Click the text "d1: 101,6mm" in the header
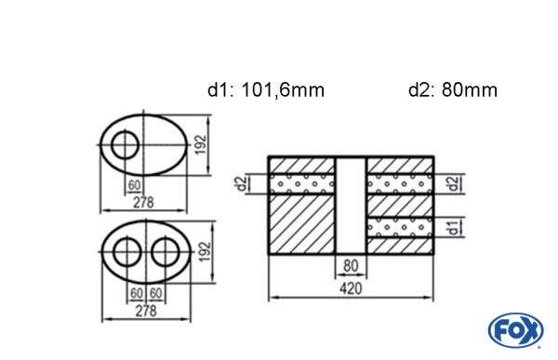265,90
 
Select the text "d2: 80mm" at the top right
452,90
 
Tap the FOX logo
514,330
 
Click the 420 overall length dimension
351,288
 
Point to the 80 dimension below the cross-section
351,264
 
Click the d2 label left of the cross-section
240,183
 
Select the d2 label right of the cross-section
453,183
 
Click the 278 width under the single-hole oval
142,203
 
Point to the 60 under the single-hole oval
135,184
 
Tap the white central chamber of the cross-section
351,205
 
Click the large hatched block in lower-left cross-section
300,223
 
